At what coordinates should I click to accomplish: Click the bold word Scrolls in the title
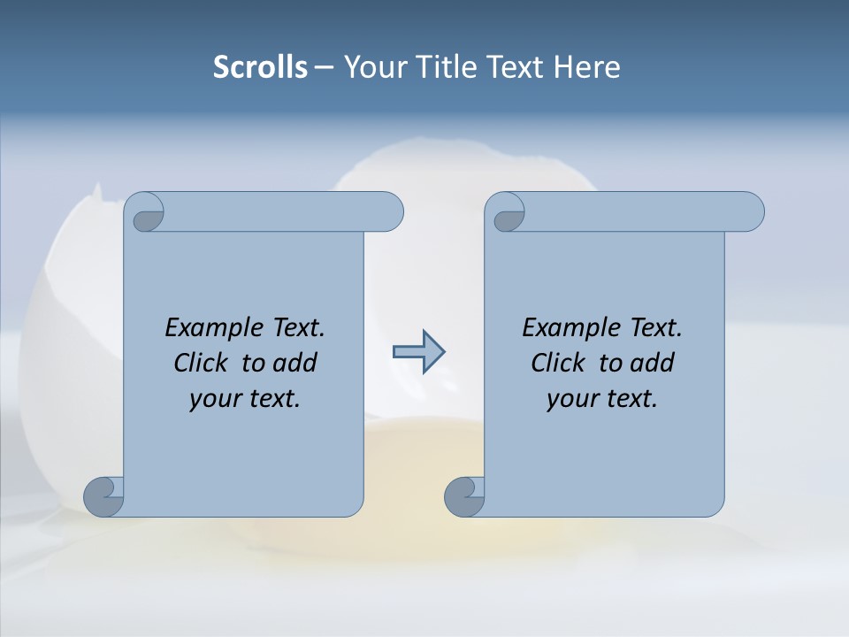tap(261, 67)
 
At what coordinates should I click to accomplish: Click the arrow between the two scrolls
tap(418, 352)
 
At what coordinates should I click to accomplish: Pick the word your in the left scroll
tap(214, 399)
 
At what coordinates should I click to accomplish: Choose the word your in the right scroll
tap(571, 399)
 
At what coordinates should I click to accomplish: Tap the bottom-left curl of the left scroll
tap(103, 495)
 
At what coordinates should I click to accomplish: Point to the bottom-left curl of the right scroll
tap(464, 495)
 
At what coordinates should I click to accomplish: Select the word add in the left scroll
tap(296, 363)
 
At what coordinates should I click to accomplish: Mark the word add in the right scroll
tap(654, 363)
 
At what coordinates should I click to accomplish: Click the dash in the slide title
tap(324, 68)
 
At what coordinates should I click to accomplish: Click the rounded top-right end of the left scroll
tap(389, 211)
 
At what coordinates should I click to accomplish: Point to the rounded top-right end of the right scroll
tap(750, 211)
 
